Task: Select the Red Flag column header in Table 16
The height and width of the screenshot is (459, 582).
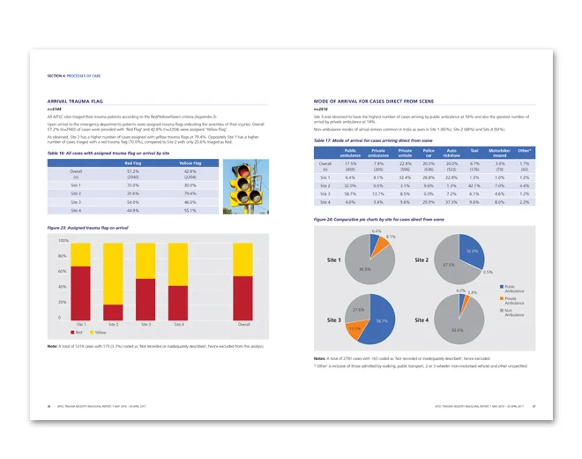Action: coord(133,162)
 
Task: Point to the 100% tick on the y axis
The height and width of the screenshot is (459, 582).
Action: coord(63,241)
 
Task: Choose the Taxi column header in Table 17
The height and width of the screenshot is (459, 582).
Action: coord(474,152)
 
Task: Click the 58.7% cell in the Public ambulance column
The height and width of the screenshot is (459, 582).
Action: coord(351,193)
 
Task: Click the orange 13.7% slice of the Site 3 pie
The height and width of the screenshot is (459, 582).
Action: coord(356,327)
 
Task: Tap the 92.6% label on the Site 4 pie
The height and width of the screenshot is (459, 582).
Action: coord(456,329)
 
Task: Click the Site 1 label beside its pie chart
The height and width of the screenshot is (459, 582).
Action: coord(333,261)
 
